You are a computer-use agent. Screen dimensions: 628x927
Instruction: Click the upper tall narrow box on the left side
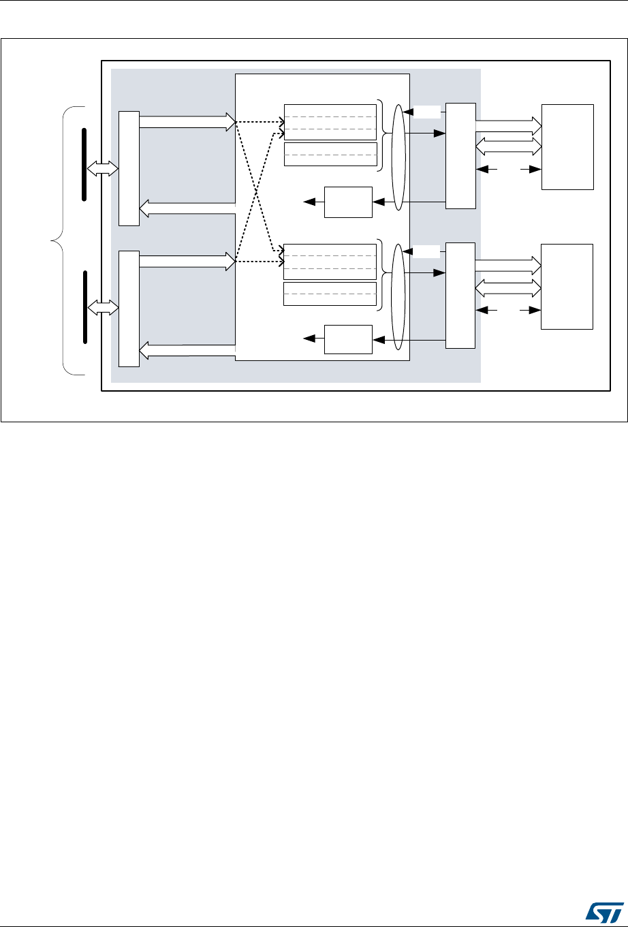point(128,168)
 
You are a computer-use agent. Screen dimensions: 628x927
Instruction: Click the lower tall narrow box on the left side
point(128,309)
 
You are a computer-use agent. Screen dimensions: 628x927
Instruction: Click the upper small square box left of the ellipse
point(349,202)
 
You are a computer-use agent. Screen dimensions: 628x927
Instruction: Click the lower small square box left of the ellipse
point(349,339)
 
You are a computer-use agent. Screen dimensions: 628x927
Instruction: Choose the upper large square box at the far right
point(567,146)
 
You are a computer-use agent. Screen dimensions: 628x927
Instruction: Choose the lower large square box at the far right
point(567,286)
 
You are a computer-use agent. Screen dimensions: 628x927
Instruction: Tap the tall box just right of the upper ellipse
point(460,156)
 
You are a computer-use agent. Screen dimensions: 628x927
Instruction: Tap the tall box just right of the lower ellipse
point(460,296)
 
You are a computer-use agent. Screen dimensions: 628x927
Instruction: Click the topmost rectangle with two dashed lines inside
point(330,122)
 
